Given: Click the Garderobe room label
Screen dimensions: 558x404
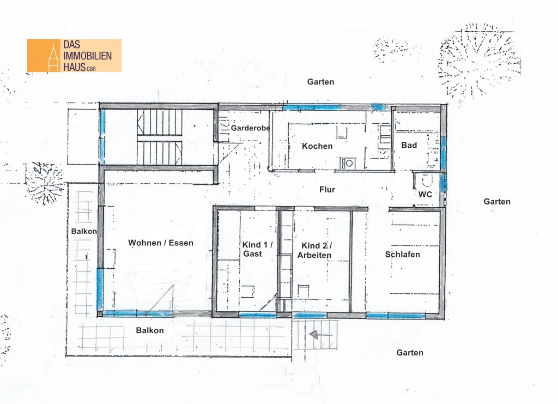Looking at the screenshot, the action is click(251, 128).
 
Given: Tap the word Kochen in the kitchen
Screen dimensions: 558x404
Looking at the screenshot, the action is click(317, 146).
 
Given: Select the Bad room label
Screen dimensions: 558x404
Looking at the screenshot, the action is click(409, 145).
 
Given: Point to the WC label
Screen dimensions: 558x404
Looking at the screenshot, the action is click(425, 194).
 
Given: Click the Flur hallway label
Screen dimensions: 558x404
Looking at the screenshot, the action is click(327, 189).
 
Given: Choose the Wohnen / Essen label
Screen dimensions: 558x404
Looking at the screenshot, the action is click(161, 243).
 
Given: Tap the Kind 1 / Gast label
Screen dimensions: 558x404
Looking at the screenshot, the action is click(257, 249).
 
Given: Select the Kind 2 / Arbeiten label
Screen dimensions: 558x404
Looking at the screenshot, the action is click(314, 250).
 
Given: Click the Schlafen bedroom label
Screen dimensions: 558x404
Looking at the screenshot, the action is click(403, 255).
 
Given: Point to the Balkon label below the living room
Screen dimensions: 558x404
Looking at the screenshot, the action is click(150, 330).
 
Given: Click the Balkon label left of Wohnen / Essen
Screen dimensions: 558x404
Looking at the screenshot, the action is click(84, 231).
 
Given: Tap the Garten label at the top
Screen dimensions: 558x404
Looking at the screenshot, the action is click(320, 82).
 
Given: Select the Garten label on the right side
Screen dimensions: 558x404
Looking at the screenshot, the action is click(497, 202).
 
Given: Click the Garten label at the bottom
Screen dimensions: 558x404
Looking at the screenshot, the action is click(410, 353).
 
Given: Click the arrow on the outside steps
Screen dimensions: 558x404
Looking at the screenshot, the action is click(320, 335).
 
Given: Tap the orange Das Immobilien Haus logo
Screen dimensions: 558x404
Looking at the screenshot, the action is click(74, 56).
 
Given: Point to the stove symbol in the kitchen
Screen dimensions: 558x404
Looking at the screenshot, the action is click(347, 164).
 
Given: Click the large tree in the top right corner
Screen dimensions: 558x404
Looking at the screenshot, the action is click(478, 61).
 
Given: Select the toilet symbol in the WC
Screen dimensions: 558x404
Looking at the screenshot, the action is click(426, 182).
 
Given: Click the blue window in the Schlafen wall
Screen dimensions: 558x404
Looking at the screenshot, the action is click(395, 316).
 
